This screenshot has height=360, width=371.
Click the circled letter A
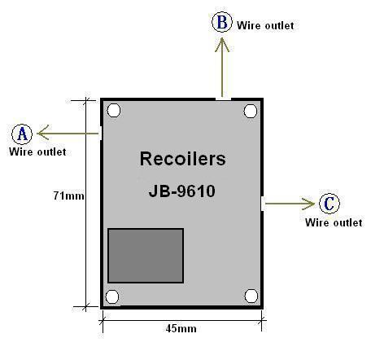click(22, 134)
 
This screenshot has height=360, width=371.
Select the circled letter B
click(222, 22)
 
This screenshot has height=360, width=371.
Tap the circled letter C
click(330, 204)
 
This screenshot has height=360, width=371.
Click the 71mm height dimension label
click(68, 195)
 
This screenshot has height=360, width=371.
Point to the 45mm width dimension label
click(181, 328)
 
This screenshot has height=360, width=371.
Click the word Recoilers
click(182, 159)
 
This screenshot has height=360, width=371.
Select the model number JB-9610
click(182, 191)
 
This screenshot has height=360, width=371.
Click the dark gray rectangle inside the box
click(146, 256)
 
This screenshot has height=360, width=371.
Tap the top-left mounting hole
click(114, 110)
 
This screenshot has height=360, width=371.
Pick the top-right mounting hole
click(251, 111)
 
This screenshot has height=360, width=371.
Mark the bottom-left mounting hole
click(112, 296)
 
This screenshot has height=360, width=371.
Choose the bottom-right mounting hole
click(251, 296)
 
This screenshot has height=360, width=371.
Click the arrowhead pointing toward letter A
click(43, 133)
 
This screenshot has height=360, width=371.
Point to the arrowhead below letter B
click(222, 44)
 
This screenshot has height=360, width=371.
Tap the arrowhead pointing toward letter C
click(309, 204)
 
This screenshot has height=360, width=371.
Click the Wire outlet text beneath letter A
click(37, 151)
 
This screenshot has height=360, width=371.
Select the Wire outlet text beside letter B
click(265, 25)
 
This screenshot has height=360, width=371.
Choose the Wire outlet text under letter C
click(334, 222)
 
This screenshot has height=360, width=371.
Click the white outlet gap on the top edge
click(224, 99)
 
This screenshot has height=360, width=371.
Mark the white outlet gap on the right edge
click(263, 204)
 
